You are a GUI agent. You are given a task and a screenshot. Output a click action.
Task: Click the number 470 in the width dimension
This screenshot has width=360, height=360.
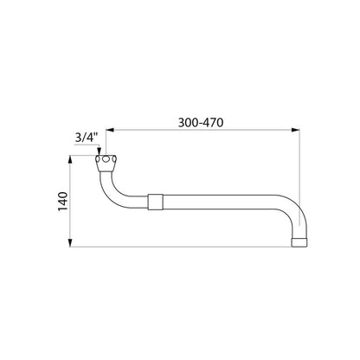(213, 123)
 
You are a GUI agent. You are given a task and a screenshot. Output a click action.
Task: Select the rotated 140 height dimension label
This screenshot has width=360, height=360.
(63, 202)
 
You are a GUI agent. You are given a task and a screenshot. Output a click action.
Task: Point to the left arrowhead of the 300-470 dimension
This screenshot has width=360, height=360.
(110, 130)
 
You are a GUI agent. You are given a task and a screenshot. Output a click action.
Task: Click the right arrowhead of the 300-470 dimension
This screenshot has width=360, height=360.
(296, 130)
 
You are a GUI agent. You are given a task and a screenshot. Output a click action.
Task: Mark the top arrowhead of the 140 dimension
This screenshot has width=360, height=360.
(70, 160)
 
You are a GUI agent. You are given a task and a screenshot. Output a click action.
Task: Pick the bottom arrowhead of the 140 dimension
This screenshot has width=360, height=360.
(70, 242)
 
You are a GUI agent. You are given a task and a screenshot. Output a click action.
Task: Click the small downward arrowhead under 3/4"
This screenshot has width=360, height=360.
(99, 151)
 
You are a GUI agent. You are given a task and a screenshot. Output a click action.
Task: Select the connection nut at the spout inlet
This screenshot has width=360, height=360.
(106, 164)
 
